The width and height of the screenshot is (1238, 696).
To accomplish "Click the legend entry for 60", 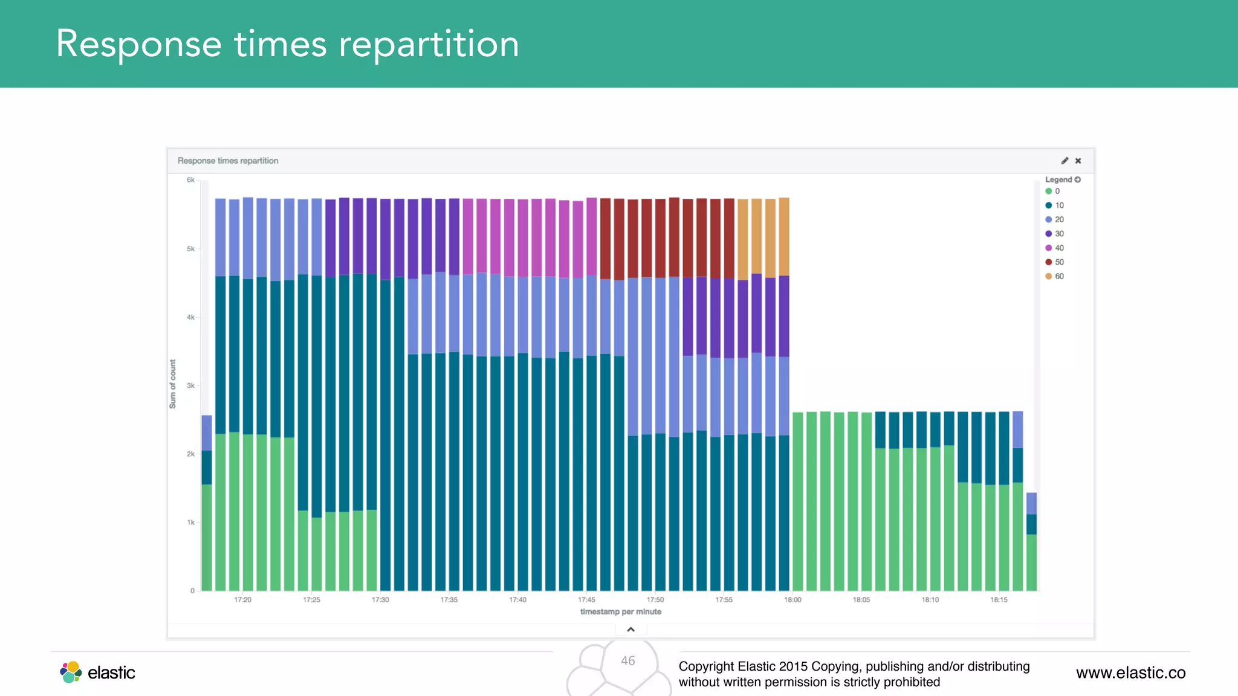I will click(1055, 276).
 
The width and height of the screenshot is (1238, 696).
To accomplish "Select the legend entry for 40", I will click(1055, 248).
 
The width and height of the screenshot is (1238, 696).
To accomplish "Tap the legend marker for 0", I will click(1048, 191).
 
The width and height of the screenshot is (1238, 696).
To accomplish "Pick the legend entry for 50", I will click(1055, 262).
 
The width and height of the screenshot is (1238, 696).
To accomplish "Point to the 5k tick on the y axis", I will click(191, 249).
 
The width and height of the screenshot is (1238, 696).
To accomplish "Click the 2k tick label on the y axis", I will click(191, 454).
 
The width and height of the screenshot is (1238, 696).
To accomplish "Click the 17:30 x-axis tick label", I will click(380, 600).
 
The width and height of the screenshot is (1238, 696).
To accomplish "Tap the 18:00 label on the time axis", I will click(792, 600).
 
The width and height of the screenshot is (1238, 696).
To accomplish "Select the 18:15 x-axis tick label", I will click(999, 600).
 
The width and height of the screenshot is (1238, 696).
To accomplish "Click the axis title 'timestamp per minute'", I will click(621, 612).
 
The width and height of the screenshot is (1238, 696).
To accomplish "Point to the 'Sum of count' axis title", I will click(173, 384).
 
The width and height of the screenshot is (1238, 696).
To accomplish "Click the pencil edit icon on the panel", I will click(1065, 161).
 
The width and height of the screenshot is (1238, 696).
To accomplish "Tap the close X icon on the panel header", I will click(1078, 161).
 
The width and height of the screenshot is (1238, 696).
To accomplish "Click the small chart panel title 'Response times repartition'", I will click(228, 161).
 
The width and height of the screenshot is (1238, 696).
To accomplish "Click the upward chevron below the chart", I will click(630, 630).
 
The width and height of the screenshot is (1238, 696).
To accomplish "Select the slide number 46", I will click(628, 661).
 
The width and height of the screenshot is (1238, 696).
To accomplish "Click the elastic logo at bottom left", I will click(97, 672).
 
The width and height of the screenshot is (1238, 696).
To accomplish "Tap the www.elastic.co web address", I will click(1130, 673).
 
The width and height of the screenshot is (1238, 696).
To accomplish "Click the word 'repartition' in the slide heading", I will click(429, 44).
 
